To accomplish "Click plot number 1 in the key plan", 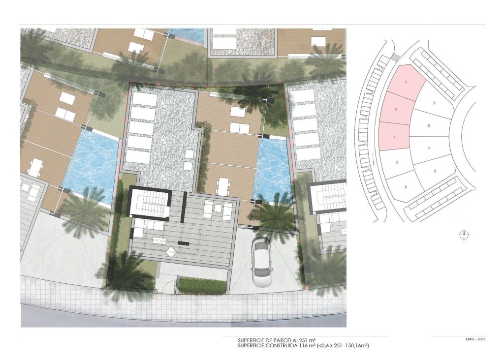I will pyautogui.click(x=406, y=82).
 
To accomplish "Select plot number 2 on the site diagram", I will pyautogui.click(x=396, y=110).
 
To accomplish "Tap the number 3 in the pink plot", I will pyautogui.click(x=394, y=138).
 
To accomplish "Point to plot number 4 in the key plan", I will pyautogui.click(x=397, y=162).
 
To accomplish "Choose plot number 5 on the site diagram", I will pyautogui.click(x=406, y=186).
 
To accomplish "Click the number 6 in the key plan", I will pyautogui.click(x=435, y=171).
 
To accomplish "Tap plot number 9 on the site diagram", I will pyautogui.click(x=434, y=103).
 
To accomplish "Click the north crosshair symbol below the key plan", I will pyautogui.click(x=464, y=235).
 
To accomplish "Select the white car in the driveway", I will pyautogui.click(x=260, y=262).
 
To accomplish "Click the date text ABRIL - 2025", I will pyautogui.click(x=475, y=340).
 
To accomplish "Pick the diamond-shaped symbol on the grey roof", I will pyautogui.click(x=170, y=252).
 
